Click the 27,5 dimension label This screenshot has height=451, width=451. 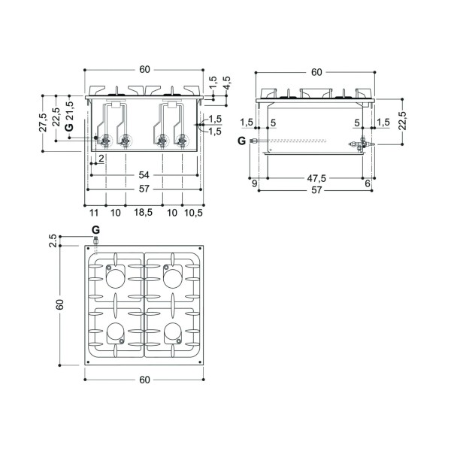pos(43,123)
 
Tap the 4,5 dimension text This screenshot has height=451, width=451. pos(226,83)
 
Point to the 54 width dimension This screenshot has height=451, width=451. pos(144,175)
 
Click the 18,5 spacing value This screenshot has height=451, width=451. pos(144,213)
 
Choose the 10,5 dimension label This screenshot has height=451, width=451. pos(194,213)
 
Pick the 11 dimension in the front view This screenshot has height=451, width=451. pos(94,213)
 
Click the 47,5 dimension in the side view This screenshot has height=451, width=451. pos(316,178)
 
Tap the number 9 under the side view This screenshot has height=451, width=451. pos(254,183)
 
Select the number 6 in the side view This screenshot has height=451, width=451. pos(368,183)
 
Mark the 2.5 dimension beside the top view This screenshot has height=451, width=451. pos(53,241)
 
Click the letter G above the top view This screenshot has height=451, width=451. pos(95,230)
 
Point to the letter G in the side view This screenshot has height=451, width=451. pos(242,141)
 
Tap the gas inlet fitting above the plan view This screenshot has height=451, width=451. pos(95,240)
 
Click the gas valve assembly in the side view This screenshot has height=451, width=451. pos(362,144)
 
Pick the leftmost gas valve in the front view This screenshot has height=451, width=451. pos(105,141)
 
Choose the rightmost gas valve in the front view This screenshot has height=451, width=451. pos(181,141)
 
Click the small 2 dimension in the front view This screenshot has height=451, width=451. pos(101,158)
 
